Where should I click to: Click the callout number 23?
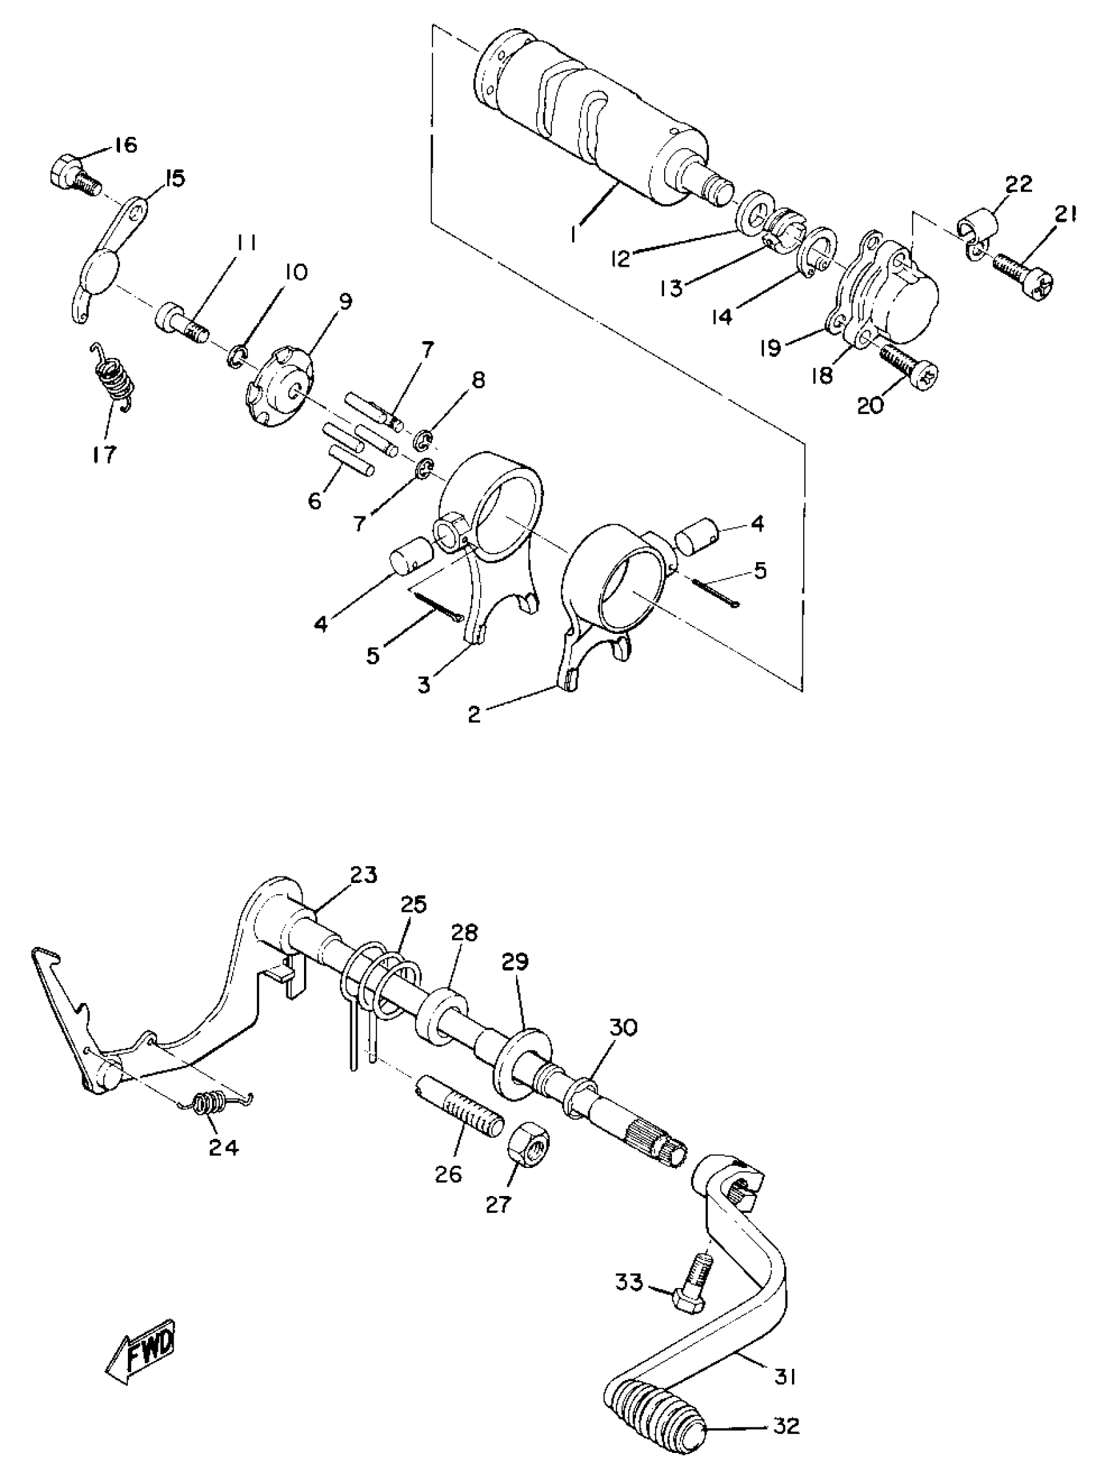pos(362,875)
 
